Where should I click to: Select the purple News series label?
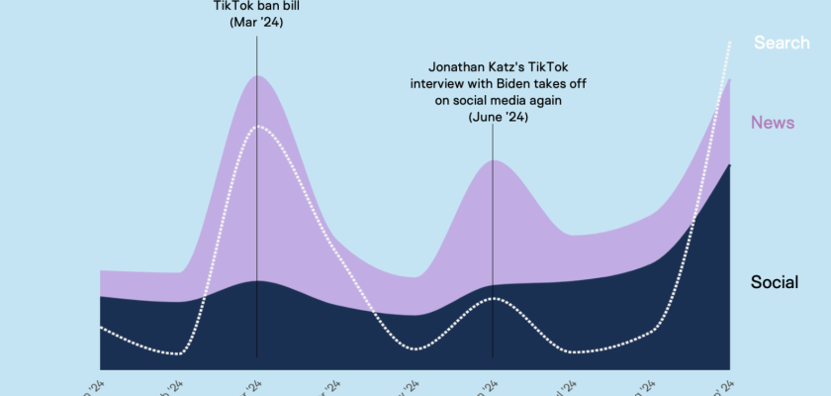pos(772,122)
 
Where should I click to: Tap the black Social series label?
pos(775,282)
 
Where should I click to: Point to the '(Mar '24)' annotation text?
pos(256,22)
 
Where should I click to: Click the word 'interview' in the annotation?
pos(440,83)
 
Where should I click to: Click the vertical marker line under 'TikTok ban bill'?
pos(257,198)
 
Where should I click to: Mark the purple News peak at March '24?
pos(257,76)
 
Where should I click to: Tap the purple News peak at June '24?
pos(493,160)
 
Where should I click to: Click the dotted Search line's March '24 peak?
pos(257,127)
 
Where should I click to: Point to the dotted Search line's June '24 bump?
pos(493,297)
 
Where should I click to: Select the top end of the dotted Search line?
pos(730,42)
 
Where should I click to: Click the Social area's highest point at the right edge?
pos(729,165)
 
